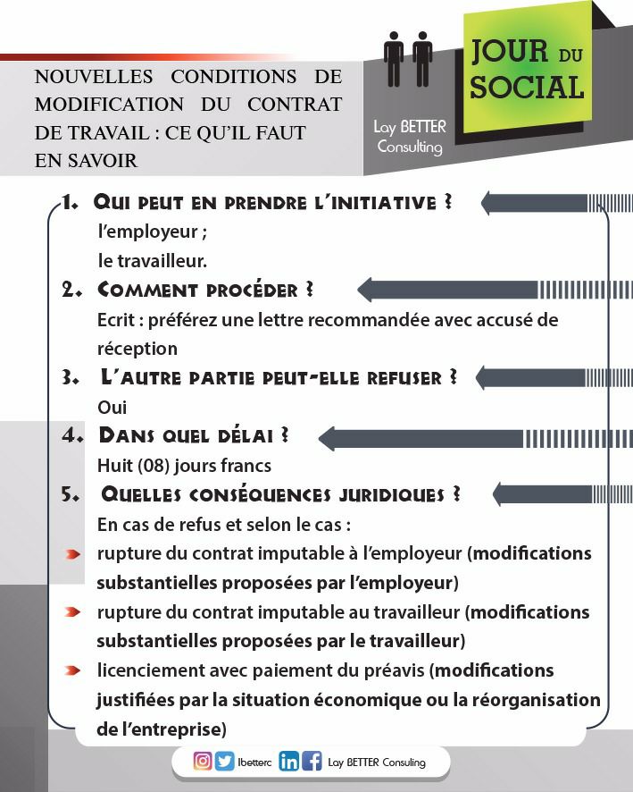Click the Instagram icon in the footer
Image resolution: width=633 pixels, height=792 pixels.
[203, 762]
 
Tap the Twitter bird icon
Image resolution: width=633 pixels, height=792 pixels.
[224, 762]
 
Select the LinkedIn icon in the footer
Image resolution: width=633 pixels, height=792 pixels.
[288, 763]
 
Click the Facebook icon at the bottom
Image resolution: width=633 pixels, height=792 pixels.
[312, 763]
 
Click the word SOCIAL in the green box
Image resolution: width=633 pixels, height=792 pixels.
[527, 87]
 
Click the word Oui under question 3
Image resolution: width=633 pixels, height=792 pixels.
[112, 407]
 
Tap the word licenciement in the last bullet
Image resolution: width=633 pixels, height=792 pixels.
[151, 670]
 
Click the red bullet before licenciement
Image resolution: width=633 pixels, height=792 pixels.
[74, 670]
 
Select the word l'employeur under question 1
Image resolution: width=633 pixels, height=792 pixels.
[152, 232]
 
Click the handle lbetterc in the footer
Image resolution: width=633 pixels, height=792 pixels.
[254, 763]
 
